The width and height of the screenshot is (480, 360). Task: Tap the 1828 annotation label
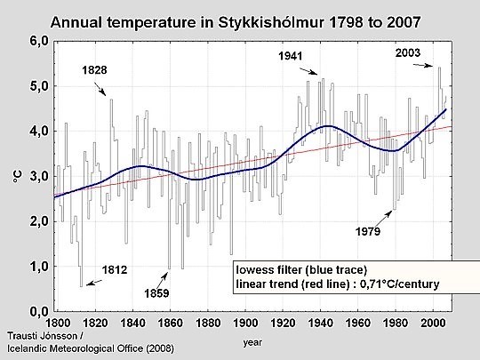click(x=93, y=69)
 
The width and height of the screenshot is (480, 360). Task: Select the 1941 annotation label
click(x=289, y=56)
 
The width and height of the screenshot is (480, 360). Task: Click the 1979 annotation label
click(x=364, y=233)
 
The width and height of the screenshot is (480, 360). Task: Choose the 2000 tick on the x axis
click(x=435, y=322)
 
